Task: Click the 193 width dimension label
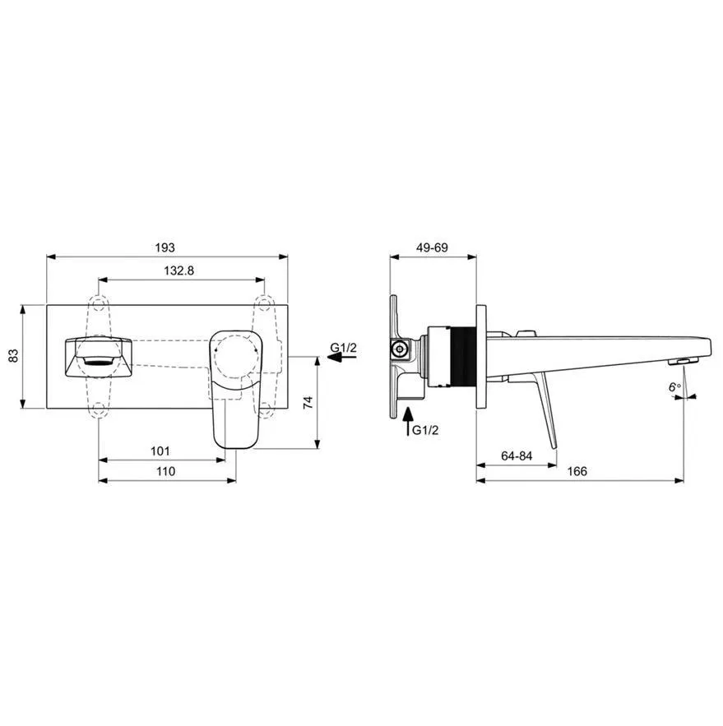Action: (x=165, y=247)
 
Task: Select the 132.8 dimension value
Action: (x=178, y=271)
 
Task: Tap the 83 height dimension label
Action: (x=14, y=355)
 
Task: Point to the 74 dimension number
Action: (x=308, y=402)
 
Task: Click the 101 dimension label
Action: (x=160, y=451)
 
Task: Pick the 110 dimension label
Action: (x=165, y=471)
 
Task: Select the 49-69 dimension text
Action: (x=432, y=247)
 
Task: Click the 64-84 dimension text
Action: (x=517, y=456)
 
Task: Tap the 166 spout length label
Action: (x=577, y=471)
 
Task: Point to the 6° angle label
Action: (x=674, y=387)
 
